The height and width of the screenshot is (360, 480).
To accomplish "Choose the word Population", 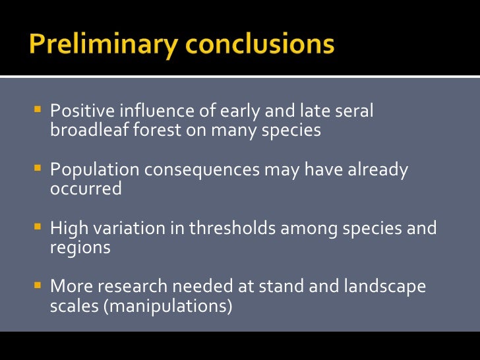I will click(x=94, y=170).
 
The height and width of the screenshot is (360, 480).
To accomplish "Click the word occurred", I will click(x=86, y=189).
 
